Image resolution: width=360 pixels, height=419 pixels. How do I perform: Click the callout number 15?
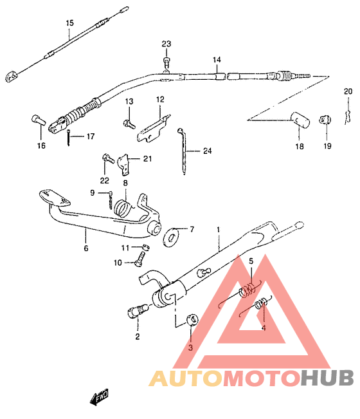[x=69, y=23]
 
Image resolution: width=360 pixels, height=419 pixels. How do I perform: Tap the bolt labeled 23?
[x=166, y=62]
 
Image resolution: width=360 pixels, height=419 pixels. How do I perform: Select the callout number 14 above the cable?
[x=217, y=60]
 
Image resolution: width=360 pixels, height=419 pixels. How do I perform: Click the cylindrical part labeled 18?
[x=300, y=120]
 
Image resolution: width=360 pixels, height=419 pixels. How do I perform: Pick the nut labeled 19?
[x=325, y=120]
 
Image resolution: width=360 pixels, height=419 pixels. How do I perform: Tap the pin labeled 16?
[x=39, y=120]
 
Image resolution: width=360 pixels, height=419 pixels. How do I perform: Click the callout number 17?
[x=91, y=136]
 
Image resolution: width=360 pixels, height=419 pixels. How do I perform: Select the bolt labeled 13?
[x=129, y=124]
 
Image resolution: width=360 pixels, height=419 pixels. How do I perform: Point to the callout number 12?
[x=160, y=99]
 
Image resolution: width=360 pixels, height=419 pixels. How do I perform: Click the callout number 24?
[x=208, y=151]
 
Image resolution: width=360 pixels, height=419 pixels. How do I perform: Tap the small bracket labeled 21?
[x=124, y=165]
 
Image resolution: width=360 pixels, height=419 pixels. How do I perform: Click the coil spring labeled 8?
[x=123, y=208]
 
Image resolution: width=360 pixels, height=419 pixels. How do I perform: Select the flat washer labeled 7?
[x=171, y=237]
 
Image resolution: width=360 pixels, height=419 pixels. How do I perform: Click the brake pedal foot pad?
[x=55, y=198]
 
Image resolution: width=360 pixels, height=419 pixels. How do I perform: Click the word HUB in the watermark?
[x=327, y=378]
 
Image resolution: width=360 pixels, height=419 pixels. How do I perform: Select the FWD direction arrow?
[x=99, y=396]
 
